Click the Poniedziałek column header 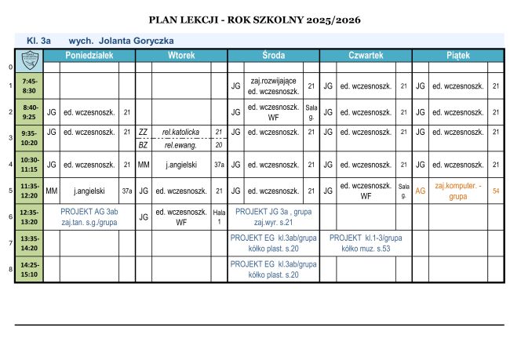(x=89, y=56)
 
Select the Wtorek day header (x=181, y=56)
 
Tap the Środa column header (x=273, y=56)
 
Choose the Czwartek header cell (x=366, y=56)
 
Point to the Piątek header (x=457, y=56)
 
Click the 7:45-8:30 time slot (x=30, y=86)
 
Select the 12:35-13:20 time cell (x=30, y=216)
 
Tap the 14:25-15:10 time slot (x=30, y=270)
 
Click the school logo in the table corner (x=30, y=56)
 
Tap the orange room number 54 (x=495, y=191)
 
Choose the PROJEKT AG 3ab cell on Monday (x=89, y=216)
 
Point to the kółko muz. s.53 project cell (x=366, y=243)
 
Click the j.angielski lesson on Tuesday (x=180, y=165)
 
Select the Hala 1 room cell (x=219, y=216)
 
